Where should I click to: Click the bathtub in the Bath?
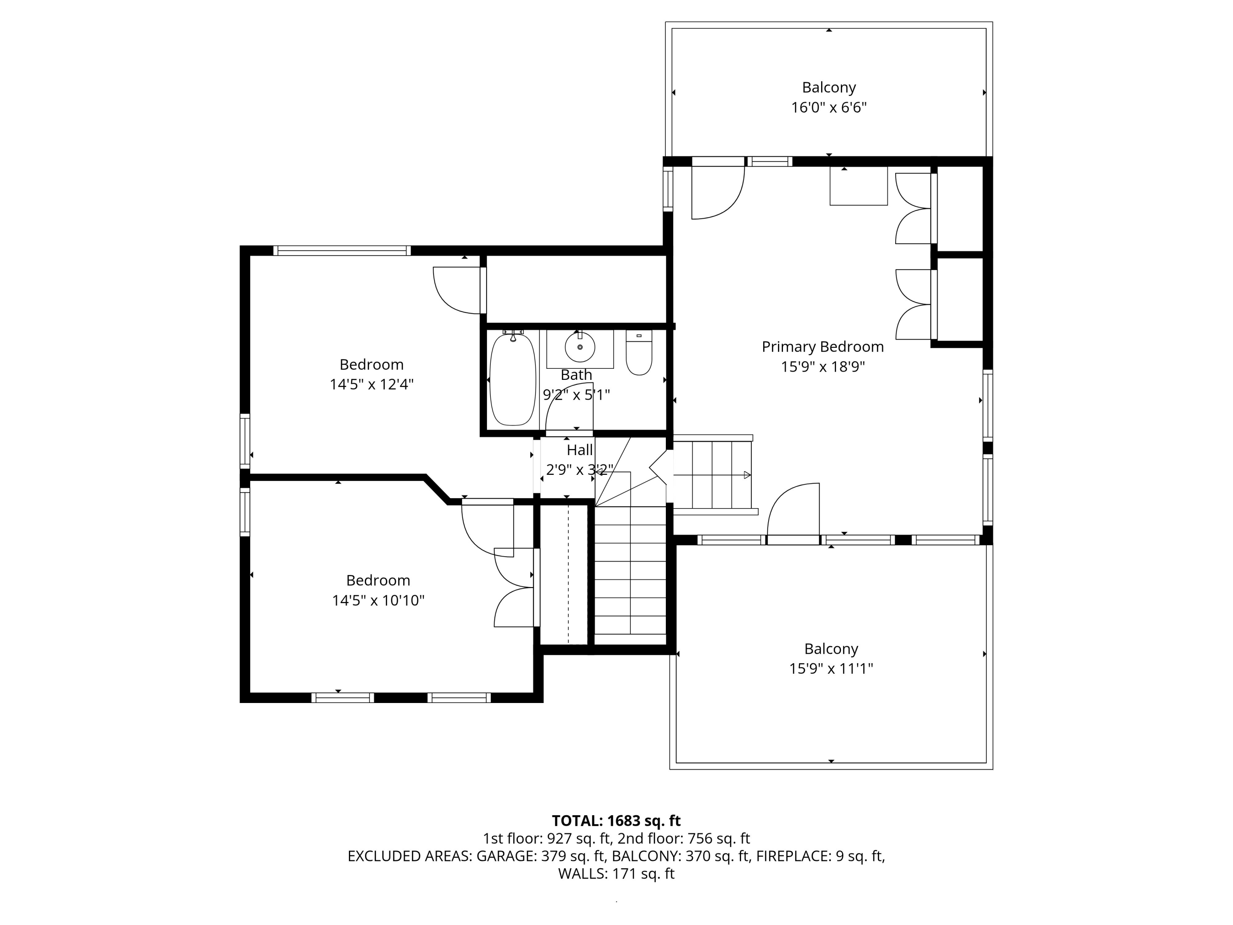point(512,380)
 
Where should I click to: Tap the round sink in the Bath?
point(580,347)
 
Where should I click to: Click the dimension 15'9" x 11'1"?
point(831,668)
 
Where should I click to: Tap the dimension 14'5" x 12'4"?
point(371,385)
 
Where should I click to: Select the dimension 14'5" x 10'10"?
point(378,601)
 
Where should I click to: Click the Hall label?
point(579,450)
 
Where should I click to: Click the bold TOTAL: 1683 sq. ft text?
point(616,821)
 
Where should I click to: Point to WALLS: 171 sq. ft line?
point(616,874)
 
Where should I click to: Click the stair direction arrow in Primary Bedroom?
point(746,475)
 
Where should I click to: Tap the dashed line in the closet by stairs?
point(568,574)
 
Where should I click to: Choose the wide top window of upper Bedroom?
point(342,251)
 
